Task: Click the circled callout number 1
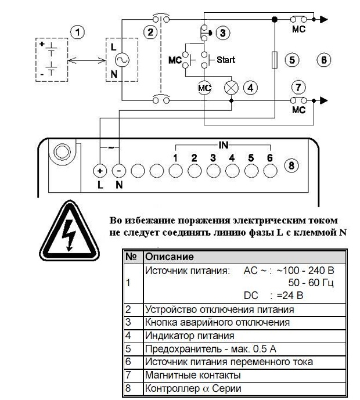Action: [x=78, y=33]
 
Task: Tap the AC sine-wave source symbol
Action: [x=122, y=60]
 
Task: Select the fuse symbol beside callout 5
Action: [x=275, y=60]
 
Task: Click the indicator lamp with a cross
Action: [x=231, y=88]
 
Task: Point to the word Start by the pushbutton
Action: [x=226, y=60]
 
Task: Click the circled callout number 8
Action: [x=291, y=165]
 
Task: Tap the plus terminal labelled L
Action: [x=100, y=171]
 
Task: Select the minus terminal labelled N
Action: [x=119, y=171]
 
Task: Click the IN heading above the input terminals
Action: [x=223, y=145]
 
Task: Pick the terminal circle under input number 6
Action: [x=270, y=171]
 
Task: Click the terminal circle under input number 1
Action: [x=175, y=171]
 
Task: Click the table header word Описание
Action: [x=170, y=257]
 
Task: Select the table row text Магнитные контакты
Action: [x=193, y=375]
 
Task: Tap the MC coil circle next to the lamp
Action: [x=204, y=88]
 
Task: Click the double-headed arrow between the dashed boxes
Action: [x=87, y=60]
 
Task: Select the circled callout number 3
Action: [x=223, y=33]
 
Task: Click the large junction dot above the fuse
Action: [x=275, y=19]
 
